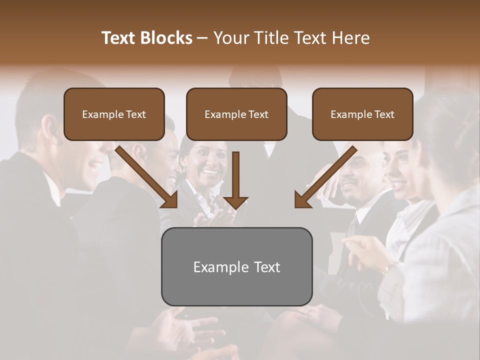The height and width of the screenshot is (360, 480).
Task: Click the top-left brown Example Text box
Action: pyautogui.click(x=114, y=114)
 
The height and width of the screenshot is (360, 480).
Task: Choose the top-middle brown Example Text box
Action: pyautogui.click(x=236, y=114)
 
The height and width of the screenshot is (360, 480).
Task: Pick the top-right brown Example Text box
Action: pyautogui.click(x=362, y=114)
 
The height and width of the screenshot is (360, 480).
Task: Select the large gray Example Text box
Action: pyautogui.click(x=236, y=266)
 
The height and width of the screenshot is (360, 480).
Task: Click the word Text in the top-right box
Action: pyautogui.click(x=384, y=114)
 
